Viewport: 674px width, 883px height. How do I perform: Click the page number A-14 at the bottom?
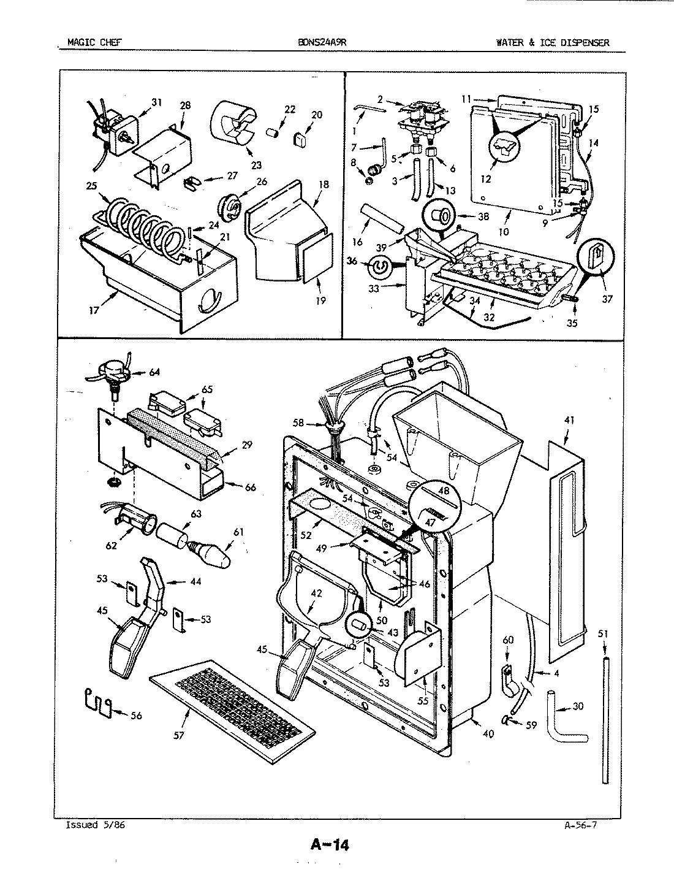(330, 845)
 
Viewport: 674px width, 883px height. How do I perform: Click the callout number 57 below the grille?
(178, 735)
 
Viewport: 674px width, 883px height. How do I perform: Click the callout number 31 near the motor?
(156, 102)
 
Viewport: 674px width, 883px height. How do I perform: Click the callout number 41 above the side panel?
(569, 421)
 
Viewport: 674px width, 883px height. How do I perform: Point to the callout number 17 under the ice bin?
(93, 310)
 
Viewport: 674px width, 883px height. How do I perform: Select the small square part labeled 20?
(300, 140)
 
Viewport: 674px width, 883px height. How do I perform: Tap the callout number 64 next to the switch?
(154, 372)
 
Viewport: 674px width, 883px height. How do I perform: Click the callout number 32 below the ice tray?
(489, 317)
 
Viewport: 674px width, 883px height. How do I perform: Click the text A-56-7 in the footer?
(580, 825)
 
